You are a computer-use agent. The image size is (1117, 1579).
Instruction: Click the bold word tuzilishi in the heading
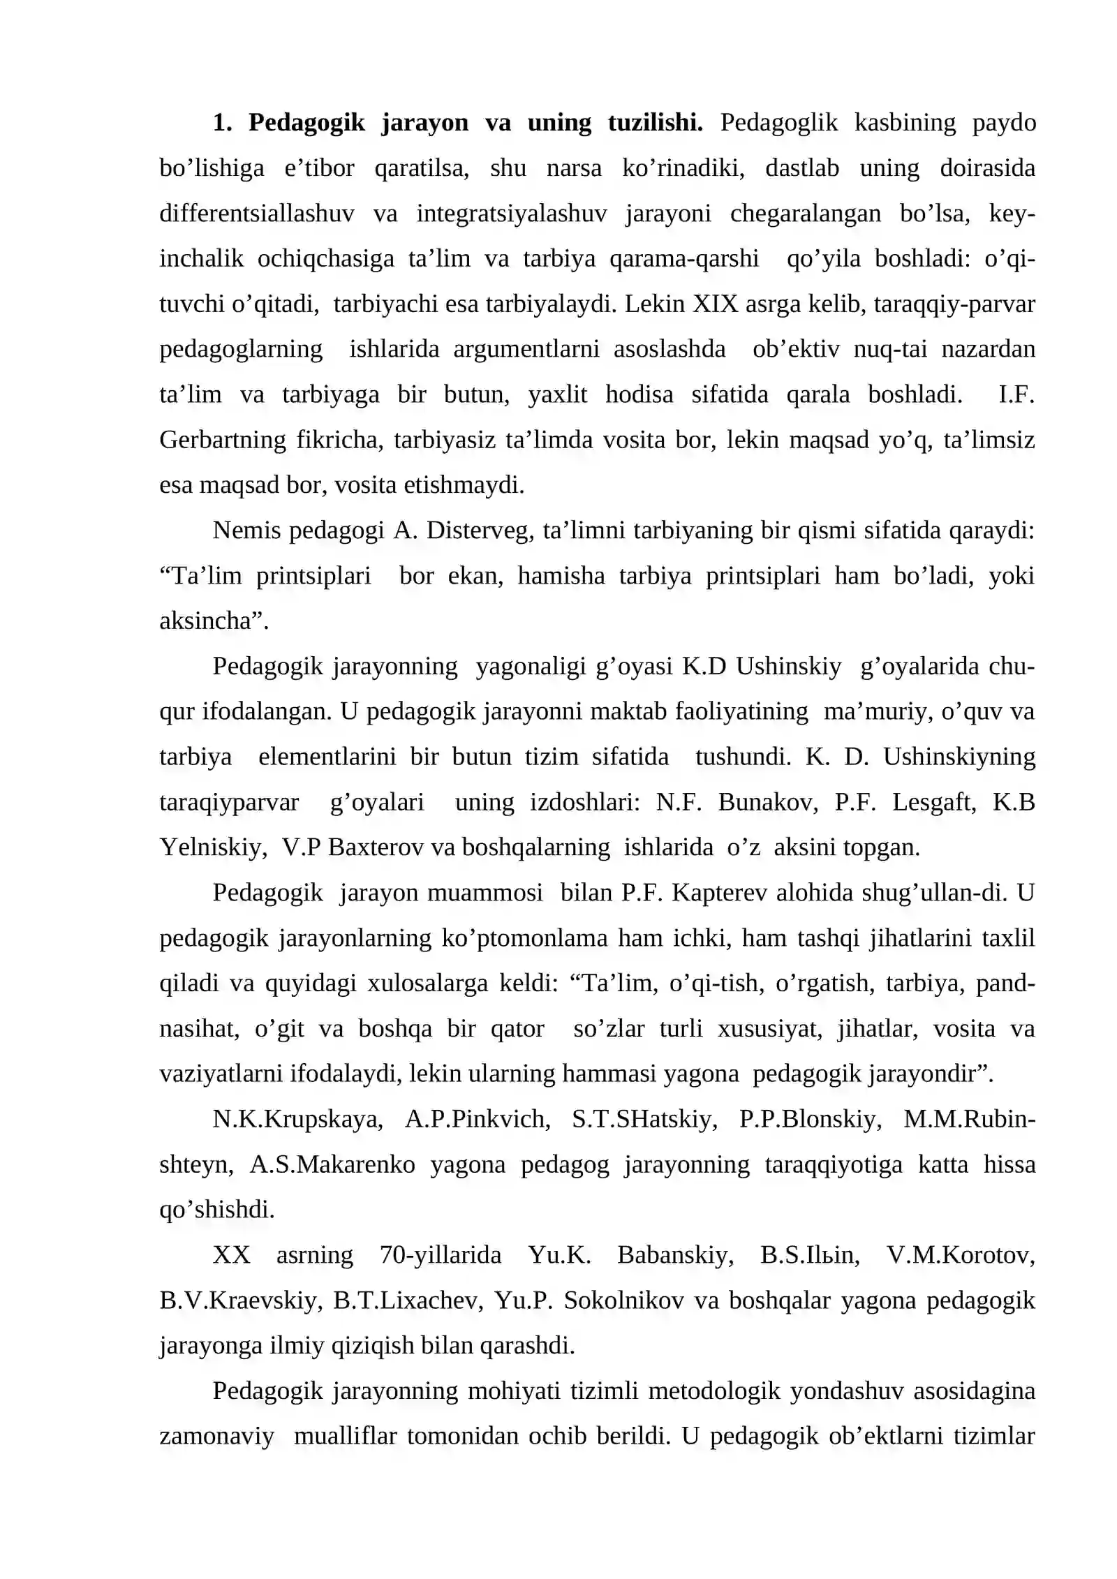pyautogui.click(x=655, y=123)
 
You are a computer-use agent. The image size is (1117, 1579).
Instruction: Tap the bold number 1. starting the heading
pyautogui.click(x=222, y=123)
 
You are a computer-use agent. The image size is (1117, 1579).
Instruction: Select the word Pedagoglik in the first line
pyautogui.click(x=778, y=123)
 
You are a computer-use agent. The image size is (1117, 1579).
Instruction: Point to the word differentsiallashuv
pyautogui.click(x=257, y=214)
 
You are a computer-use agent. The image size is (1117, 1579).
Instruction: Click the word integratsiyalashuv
pyautogui.click(x=512, y=214)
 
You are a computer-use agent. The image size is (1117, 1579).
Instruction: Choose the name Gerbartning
pyautogui.click(x=222, y=440)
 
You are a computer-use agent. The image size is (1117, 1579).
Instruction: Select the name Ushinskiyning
pyautogui.click(x=959, y=757)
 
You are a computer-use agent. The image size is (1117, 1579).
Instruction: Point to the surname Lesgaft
pyautogui.click(x=934, y=803)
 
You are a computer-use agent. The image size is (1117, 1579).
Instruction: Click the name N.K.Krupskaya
pyautogui.click(x=297, y=1120)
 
